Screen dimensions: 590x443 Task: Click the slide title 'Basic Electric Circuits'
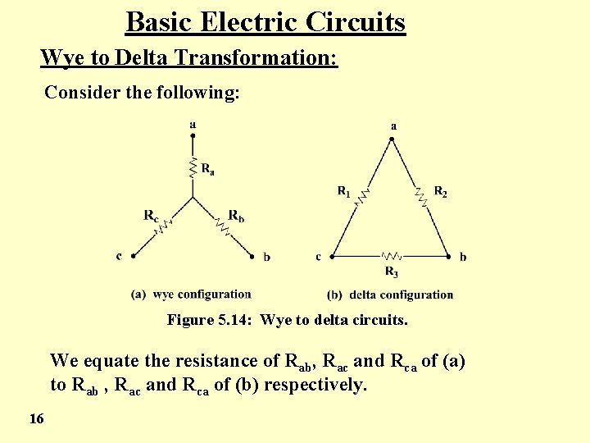pyautogui.click(x=265, y=22)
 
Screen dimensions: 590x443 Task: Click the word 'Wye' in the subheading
pyautogui.click(x=58, y=58)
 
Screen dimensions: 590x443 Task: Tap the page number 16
pyautogui.click(x=36, y=419)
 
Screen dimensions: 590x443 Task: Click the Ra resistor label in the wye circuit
pyautogui.click(x=208, y=170)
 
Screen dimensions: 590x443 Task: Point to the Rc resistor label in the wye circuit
pyautogui.click(x=151, y=216)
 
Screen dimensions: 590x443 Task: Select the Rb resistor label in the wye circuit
pyautogui.click(x=236, y=216)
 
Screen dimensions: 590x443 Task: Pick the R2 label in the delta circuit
pyautogui.click(x=440, y=192)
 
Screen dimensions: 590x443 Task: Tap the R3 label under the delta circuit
pyautogui.click(x=392, y=271)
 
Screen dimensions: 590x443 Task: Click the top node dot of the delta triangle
pyautogui.click(x=392, y=139)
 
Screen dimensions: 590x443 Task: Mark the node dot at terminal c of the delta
pyautogui.click(x=332, y=256)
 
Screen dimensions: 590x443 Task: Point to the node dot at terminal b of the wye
pyautogui.click(x=252, y=256)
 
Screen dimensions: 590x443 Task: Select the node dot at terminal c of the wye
pyautogui.click(x=133, y=256)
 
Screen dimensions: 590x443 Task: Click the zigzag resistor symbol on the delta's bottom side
pyautogui.click(x=392, y=256)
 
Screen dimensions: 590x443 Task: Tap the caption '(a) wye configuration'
pyautogui.click(x=191, y=294)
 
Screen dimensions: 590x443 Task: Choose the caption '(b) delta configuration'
pyautogui.click(x=390, y=295)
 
